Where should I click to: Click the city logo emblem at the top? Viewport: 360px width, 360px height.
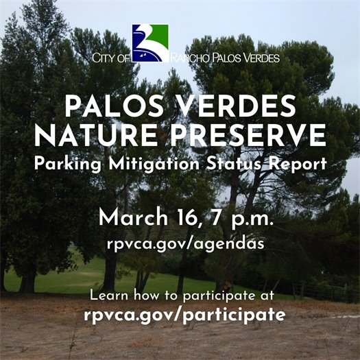click(x=149, y=43)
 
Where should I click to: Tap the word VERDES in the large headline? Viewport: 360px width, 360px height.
click(x=242, y=107)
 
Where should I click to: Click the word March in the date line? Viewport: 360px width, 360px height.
click(x=132, y=218)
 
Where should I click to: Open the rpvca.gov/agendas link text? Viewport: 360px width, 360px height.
click(x=180, y=243)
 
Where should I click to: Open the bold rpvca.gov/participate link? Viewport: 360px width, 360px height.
click(x=180, y=316)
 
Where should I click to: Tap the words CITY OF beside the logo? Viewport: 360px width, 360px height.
click(x=110, y=58)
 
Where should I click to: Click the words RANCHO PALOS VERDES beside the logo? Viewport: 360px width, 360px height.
click(x=224, y=58)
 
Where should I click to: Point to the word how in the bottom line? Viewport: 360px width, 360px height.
click(x=147, y=296)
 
